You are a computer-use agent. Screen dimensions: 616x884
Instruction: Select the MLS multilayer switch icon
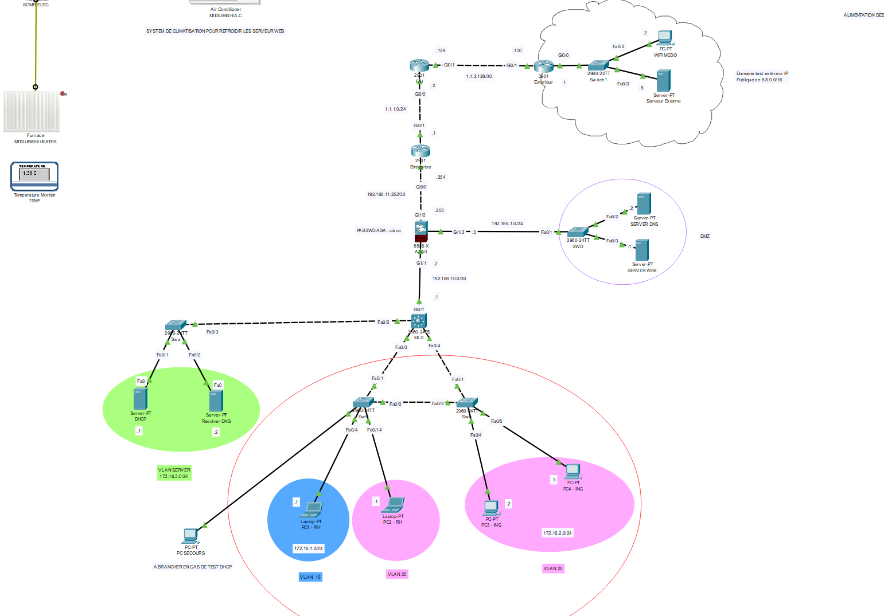[419, 321]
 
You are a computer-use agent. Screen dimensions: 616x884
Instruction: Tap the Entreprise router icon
[420, 151]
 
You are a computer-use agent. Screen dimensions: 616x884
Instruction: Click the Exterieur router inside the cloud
[543, 67]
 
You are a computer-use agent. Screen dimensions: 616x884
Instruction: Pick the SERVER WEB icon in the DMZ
[642, 250]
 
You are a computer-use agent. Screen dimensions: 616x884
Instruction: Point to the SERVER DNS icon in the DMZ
[644, 204]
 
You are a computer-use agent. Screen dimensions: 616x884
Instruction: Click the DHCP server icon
[141, 399]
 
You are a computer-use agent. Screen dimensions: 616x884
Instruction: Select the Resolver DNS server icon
[216, 401]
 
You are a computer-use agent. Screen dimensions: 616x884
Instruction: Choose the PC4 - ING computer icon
[573, 472]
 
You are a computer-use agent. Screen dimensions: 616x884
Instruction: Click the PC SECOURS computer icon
[190, 536]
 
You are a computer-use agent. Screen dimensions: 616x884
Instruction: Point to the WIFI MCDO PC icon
[665, 38]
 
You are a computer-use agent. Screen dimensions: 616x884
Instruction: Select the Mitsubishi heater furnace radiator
[32, 111]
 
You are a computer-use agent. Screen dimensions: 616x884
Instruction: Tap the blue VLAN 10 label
[310, 577]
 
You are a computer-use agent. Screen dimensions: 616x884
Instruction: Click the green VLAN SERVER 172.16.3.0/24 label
[174, 473]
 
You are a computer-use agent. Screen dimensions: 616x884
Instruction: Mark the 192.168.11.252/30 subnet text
[386, 195]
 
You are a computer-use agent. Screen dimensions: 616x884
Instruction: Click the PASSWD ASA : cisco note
[379, 231]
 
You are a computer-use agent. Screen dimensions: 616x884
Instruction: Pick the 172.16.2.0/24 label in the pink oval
[557, 533]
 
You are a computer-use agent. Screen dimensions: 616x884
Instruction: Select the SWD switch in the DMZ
[578, 233]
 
